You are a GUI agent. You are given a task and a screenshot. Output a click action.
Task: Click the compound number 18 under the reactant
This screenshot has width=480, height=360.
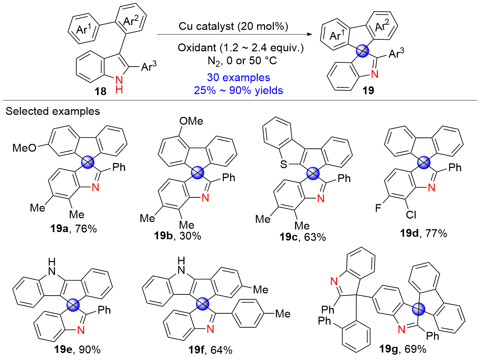(101, 91)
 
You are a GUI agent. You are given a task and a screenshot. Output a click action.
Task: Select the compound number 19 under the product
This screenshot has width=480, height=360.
(368, 90)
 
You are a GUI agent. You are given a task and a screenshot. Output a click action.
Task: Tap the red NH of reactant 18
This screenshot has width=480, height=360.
(119, 85)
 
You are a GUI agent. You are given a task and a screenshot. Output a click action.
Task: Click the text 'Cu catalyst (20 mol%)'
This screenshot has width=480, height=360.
(233, 26)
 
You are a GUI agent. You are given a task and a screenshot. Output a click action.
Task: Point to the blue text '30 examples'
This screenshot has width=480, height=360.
(239, 77)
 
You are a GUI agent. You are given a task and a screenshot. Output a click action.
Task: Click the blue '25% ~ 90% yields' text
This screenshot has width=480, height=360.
(239, 90)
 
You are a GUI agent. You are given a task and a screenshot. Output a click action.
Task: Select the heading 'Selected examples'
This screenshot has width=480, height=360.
(53, 111)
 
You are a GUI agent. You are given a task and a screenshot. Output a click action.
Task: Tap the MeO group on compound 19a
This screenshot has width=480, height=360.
(24, 148)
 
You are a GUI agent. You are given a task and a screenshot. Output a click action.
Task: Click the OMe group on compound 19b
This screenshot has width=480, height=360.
(191, 121)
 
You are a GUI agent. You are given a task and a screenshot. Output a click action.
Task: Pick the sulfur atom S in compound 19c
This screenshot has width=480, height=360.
(284, 164)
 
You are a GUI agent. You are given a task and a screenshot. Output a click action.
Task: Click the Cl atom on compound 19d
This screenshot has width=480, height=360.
(411, 214)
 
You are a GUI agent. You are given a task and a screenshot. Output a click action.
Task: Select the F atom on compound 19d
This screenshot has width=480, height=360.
(378, 208)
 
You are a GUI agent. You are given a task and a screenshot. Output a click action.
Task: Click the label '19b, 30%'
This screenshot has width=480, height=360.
(178, 236)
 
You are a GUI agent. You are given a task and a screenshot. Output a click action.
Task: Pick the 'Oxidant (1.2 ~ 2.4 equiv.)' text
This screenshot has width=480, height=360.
(240, 48)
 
